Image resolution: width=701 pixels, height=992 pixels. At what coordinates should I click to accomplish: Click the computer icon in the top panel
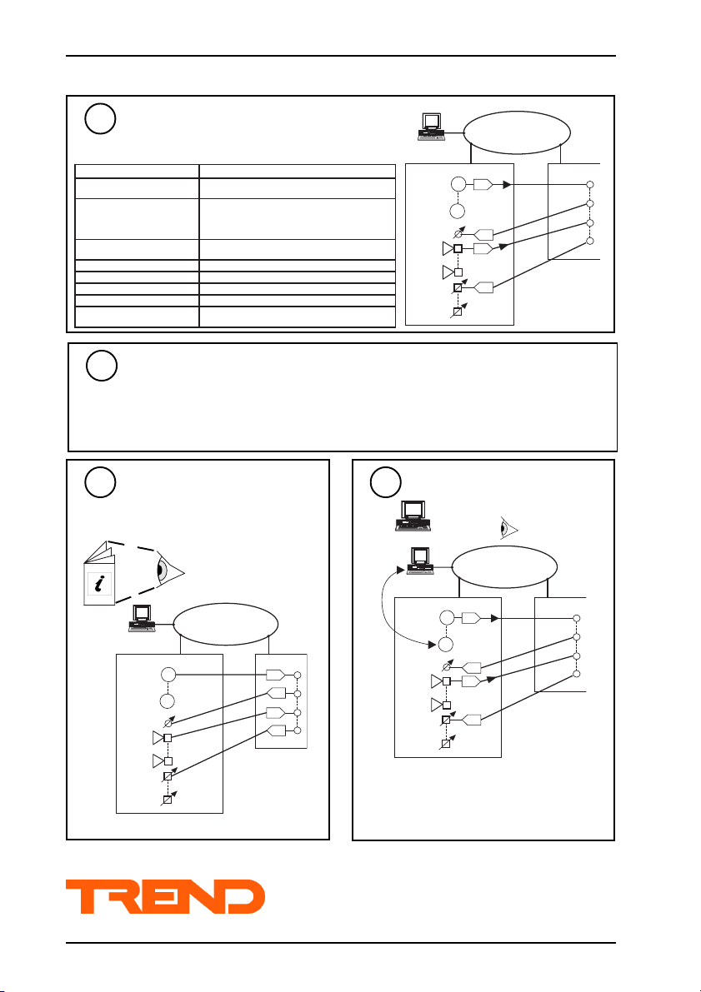click(431, 125)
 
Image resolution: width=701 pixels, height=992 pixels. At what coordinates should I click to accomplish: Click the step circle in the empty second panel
click(103, 366)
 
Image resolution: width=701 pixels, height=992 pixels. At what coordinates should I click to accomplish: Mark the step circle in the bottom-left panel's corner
click(102, 483)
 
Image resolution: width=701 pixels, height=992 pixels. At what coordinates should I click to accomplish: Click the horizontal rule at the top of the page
click(341, 56)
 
